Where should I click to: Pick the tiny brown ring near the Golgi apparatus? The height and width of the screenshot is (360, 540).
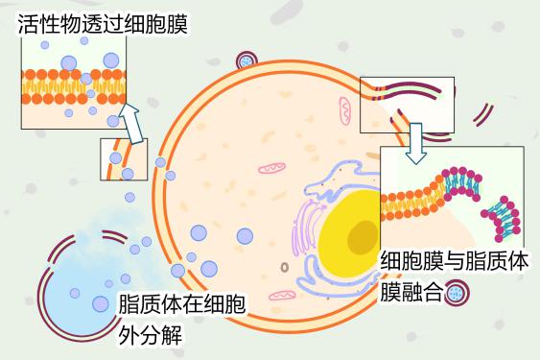pyautogui.click(x=284, y=266)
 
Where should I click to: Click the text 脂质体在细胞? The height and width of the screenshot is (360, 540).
pyautogui.click(x=181, y=306)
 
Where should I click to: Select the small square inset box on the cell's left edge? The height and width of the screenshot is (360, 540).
pyautogui.click(x=124, y=159)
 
